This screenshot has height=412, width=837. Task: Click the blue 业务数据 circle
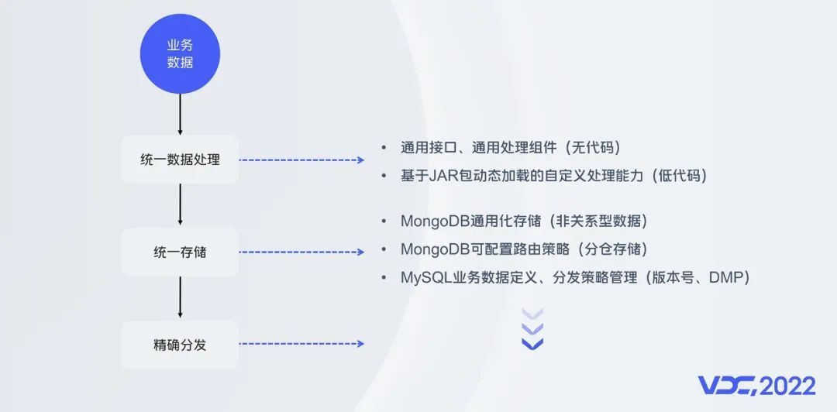[180, 54]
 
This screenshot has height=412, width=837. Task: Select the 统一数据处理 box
[180, 160]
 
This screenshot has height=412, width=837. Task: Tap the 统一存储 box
[180, 252]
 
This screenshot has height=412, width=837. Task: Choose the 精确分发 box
[180, 345]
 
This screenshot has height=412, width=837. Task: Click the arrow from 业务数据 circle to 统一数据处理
[180, 115]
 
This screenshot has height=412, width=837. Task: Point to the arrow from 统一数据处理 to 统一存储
[180, 204]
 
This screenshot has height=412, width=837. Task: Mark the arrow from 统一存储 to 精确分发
[180, 297]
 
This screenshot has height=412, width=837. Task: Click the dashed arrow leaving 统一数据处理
[301, 160]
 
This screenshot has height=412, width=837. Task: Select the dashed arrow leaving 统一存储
[301, 252]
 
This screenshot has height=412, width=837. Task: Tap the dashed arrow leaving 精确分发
[301, 344]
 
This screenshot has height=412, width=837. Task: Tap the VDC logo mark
[728, 386]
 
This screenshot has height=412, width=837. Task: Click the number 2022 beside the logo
[788, 386]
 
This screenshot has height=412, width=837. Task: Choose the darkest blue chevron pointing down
[532, 344]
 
